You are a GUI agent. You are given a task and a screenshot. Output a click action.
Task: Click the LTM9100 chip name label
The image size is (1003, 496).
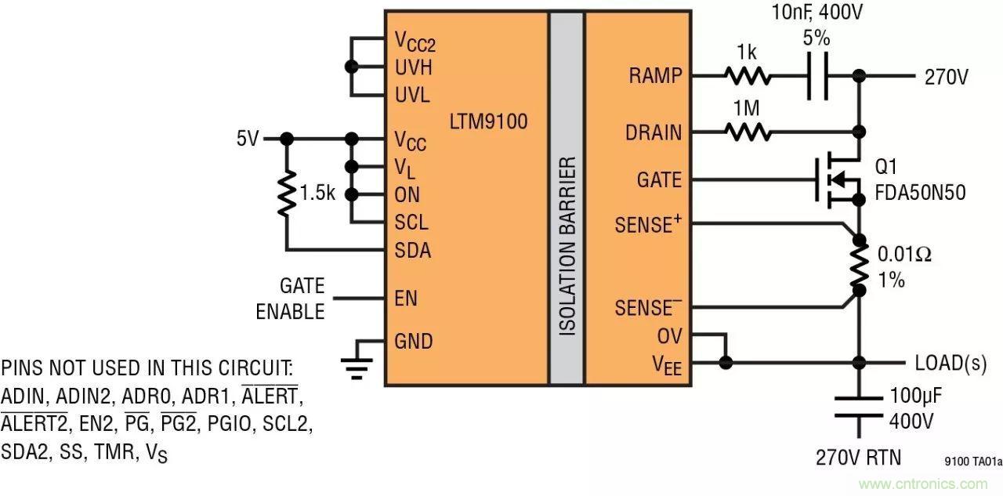(488, 121)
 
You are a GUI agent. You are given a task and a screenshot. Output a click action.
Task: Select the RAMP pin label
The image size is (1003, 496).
(655, 76)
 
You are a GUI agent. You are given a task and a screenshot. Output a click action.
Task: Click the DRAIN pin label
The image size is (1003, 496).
(654, 132)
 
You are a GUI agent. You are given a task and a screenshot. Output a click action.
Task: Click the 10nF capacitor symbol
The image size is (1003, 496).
(817, 76)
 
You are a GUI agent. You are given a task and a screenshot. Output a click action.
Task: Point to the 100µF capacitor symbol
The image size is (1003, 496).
(860, 407)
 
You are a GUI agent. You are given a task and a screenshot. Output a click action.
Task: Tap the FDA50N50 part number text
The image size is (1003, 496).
(922, 193)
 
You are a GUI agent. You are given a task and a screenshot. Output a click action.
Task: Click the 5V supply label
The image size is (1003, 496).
(247, 139)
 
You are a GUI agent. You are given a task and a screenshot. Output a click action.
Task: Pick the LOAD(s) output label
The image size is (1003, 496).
(950, 363)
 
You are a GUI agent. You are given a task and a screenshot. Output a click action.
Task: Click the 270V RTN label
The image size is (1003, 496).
(859, 457)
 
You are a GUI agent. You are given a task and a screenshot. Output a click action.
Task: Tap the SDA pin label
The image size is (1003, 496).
(412, 251)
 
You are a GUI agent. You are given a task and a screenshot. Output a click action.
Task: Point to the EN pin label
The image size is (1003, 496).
(406, 299)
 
